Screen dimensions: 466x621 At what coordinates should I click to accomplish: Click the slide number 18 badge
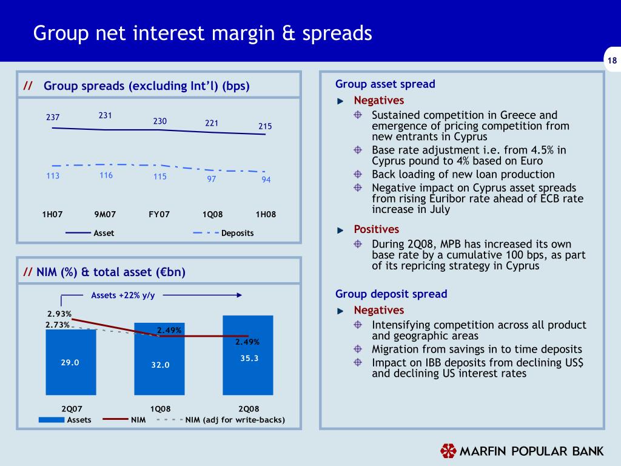611,60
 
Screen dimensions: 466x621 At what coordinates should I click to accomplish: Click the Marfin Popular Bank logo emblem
448,451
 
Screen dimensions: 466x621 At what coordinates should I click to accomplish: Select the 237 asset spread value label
53,118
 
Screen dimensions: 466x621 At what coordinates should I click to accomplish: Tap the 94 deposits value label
266,180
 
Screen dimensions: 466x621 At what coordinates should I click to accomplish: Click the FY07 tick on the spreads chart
159,214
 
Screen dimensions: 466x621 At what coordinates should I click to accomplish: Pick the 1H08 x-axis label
265,214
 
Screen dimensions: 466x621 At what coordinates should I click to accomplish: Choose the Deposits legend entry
237,233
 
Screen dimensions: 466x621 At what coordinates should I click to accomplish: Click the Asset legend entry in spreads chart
103,233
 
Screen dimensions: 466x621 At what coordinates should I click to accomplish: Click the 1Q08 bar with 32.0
159,364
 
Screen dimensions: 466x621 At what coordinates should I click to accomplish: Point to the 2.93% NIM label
59,314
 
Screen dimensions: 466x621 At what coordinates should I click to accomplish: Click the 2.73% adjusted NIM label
57,325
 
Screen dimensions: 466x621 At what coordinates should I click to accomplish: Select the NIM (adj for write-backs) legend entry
234,419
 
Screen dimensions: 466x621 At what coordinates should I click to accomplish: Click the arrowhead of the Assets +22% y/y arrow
240,295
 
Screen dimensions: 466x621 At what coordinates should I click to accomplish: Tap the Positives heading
376,229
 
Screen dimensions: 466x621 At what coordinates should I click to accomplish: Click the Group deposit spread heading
391,294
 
